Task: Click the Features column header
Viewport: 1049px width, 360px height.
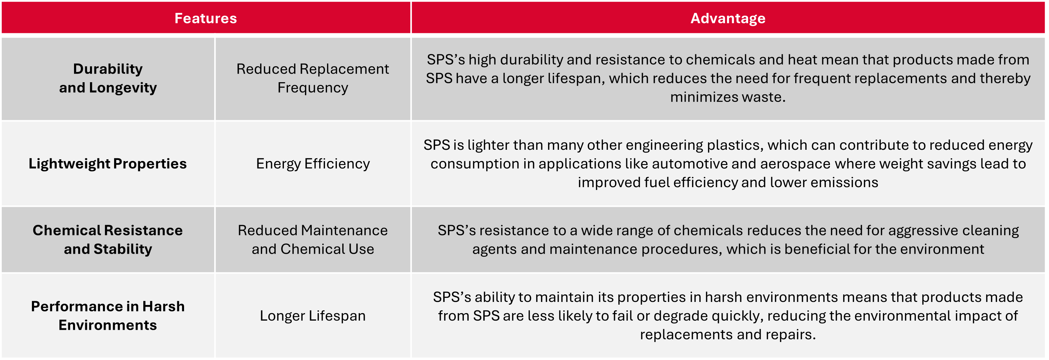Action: (206, 18)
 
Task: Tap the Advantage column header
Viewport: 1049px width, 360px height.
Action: (728, 18)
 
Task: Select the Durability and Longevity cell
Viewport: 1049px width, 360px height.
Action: (108, 78)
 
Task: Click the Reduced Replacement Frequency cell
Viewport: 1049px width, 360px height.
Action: (312, 78)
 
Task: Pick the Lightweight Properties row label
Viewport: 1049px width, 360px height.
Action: (108, 164)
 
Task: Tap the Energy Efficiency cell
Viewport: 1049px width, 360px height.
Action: (313, 164)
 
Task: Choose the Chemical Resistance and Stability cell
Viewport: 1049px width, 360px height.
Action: (108, 239)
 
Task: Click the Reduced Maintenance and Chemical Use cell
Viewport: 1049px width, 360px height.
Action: (312, 239)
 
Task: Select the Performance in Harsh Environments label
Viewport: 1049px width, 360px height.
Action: (108, 316)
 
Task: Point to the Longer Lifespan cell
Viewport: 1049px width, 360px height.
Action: (312, 316)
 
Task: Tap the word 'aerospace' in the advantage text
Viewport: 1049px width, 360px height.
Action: (795, 164)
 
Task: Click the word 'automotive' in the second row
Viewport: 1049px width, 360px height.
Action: (689, 164)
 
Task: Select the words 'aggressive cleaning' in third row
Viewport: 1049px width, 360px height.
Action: (953, 231)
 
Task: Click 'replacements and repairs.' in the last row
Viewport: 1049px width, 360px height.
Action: (728, 334)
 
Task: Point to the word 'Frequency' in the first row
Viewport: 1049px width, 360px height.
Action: (313, 88)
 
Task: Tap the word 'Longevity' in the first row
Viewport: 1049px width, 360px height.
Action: (123, 88)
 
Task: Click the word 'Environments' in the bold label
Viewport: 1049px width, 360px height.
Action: (108, 325)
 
